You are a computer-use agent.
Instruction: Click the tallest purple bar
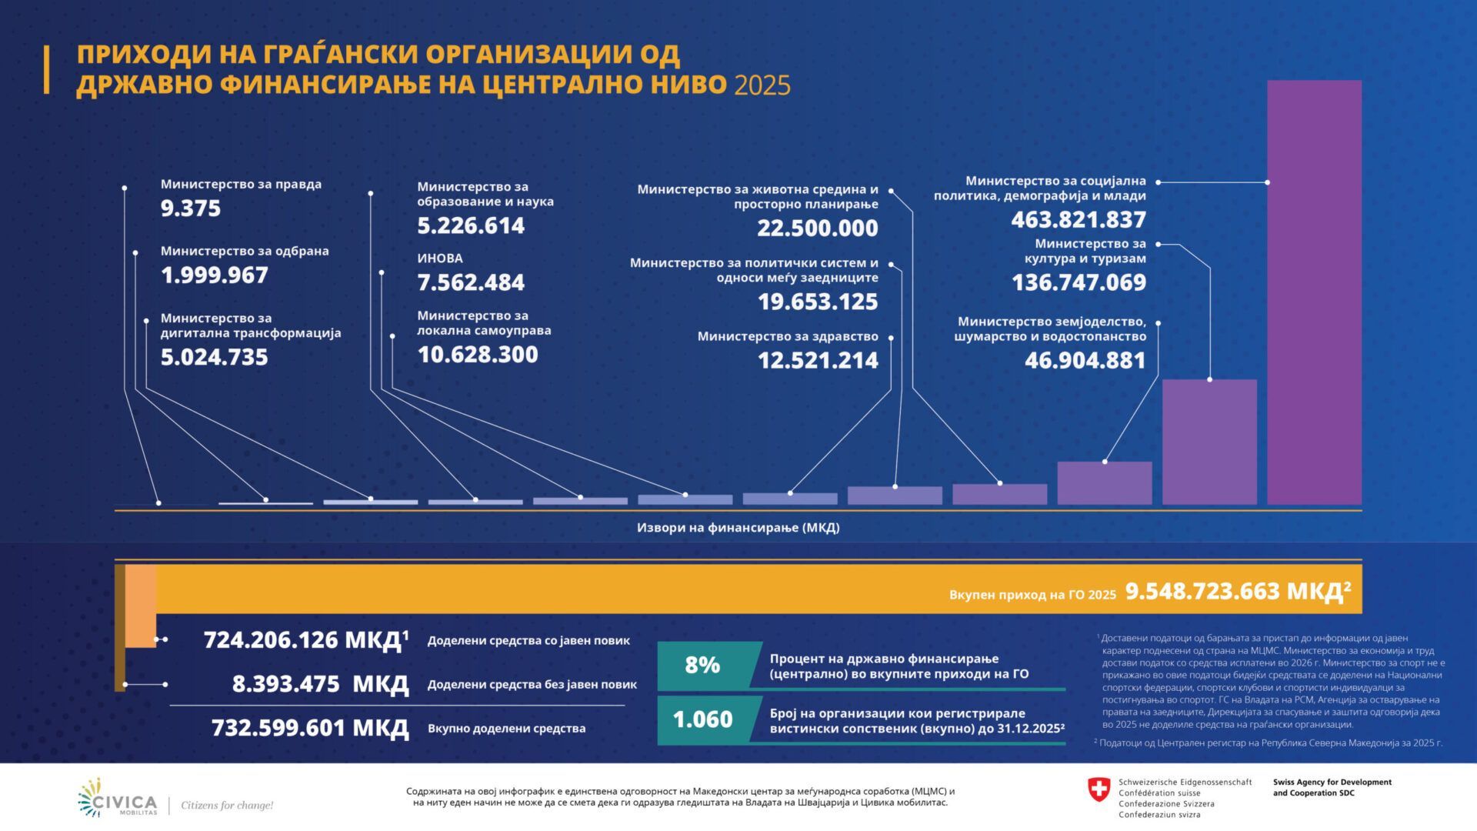(1314, 292)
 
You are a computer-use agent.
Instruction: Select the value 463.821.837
(1079, 220)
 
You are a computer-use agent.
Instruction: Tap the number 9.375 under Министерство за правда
(191, 209)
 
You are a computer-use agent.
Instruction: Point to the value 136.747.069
(1079, 282)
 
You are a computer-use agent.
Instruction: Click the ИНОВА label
(440, 259)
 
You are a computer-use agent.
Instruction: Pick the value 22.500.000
(818, 229)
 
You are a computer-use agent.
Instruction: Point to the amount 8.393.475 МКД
(321, 684)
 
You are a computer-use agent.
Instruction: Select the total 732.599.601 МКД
(310, 728)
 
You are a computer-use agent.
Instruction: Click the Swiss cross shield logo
(1099, 789)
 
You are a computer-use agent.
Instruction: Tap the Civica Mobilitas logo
(118, 798)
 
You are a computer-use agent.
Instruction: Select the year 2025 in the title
(762, 85)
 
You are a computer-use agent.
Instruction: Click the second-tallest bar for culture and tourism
(1209, 442)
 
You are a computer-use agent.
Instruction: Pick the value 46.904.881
(1085, 360)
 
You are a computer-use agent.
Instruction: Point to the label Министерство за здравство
(788, 336)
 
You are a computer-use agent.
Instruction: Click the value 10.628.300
(478, 355)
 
